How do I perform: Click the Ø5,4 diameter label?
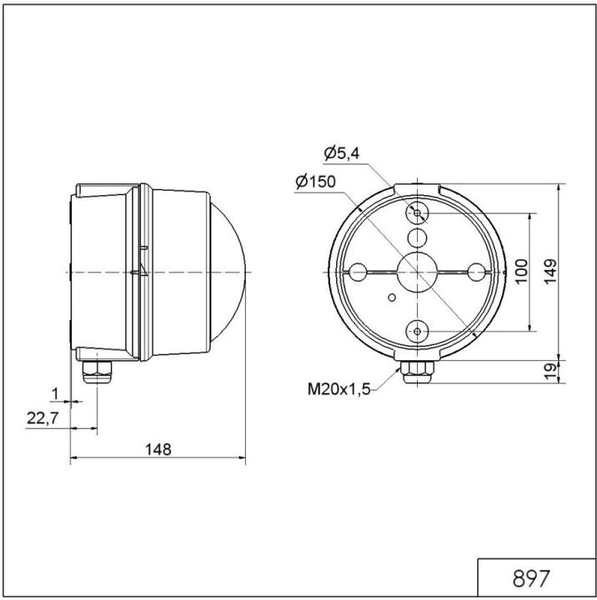coord(343,153)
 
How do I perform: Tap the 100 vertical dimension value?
coord(521,272)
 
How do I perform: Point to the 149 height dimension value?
coord(549,272)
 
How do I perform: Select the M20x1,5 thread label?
coord(339,388)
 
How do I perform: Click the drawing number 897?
coord(530,577)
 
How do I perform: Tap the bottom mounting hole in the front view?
coord(417,332)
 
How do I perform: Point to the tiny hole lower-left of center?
coord(392,296)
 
